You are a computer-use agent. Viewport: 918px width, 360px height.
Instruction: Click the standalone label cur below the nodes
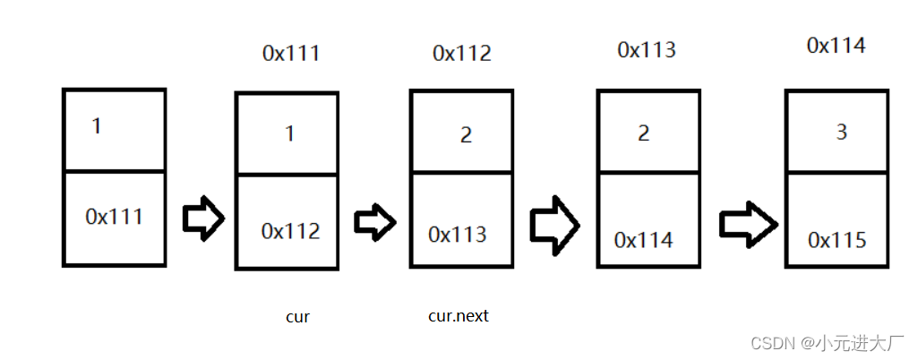(x=297, y=317)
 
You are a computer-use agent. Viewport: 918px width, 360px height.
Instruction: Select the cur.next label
(x=459, y=316)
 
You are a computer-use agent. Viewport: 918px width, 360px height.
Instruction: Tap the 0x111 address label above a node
(x=290, y=54)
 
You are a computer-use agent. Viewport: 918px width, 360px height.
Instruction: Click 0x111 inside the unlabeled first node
(x=114, y=216)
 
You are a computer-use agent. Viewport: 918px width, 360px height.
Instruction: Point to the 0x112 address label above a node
(x=461, y=54)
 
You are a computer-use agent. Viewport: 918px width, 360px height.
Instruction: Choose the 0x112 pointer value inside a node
(x=290, y=231)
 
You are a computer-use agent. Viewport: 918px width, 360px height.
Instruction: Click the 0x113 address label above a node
(x=647, y=50)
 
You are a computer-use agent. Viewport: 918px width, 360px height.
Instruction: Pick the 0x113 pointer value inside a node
(x=458, y=235)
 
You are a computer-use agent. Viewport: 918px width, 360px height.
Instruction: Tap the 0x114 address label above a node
(x=836, y=46)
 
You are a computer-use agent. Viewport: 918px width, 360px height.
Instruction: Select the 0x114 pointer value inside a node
(x=643, y=240)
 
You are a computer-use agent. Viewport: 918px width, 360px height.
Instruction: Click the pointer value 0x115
(x=836, y=240)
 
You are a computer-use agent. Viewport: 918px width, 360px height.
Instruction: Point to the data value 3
(x=841, y=132)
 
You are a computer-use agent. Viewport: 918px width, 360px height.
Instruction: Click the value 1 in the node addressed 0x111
(x=289, y=134)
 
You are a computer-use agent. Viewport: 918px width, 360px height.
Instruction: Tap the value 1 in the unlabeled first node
(x=97, y=126)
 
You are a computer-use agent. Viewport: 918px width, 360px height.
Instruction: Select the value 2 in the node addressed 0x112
(x=466, y=136)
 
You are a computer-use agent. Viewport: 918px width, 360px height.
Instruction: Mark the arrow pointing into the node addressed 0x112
(x=374, y=219)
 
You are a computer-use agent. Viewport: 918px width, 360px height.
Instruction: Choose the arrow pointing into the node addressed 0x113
(x=553, y=224)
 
